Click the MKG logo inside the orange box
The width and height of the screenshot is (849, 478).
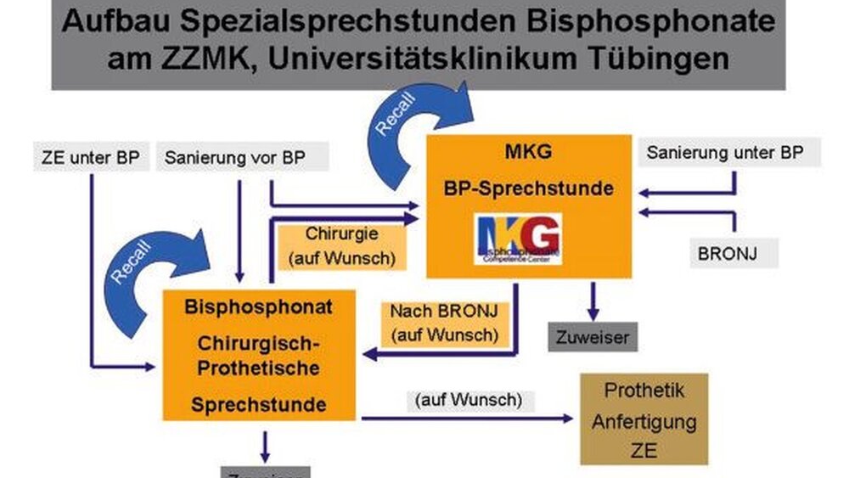click(x=518, y=238)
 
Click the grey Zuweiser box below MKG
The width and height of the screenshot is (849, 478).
click(x=593, y=337)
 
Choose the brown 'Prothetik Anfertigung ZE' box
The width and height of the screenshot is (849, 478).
click(x=644, y=419)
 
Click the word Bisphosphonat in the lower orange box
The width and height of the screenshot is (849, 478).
click(x=259, y=307)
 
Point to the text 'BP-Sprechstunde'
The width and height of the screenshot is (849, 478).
click(x=528, y=188)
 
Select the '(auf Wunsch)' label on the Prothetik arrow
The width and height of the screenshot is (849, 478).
click(x=469, y=398)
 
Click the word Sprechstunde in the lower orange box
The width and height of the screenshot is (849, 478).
click(x=258, y=404)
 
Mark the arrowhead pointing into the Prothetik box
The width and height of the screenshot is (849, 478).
click(x=569, y=418)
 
